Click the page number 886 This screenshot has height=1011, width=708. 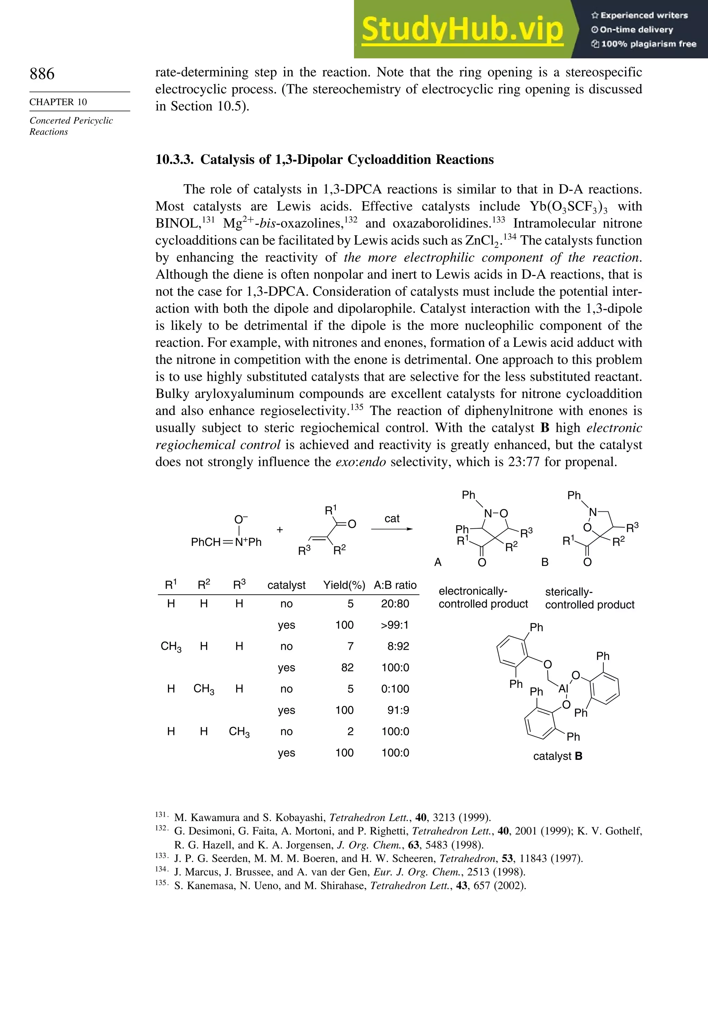tap(42, 74)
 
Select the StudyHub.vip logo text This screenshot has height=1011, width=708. tap(462, 29)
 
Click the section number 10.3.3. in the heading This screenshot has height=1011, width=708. tap(175, 159)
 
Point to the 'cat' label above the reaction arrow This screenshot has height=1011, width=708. tap(392, 519)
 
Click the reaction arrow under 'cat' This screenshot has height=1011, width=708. tap(392, 529)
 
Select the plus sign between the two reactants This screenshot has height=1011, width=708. tap(280, 530)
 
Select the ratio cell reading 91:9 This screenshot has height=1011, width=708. tap(398, 710)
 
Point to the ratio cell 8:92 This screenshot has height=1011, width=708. tap(398, 646)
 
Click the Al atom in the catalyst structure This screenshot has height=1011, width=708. tap(563, 689)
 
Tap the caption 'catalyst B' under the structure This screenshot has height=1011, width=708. tap(557, 756)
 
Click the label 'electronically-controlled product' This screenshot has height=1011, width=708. tap(483, 597)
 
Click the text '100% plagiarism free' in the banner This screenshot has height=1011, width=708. tap(648, 44)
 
